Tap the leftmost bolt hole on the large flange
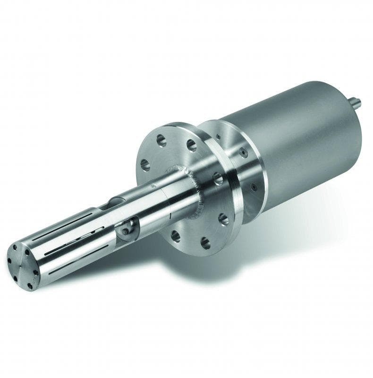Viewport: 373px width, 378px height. pyautogui.click(x=145, y=165)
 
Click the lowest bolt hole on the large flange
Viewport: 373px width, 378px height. pyautogui.click(x=205, y=243)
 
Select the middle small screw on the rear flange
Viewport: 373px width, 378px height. pyautogui.click(x=243, y=153)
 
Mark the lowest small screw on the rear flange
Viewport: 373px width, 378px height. pyautogui.click(x=254, y=187)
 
